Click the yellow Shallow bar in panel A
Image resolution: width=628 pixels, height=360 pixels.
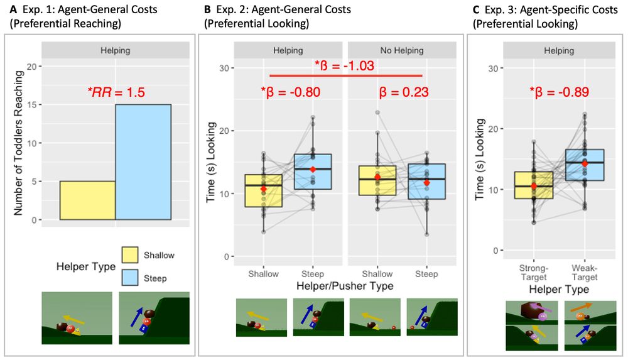coord(87,200)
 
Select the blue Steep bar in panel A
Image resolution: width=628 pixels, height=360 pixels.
coord(143,162)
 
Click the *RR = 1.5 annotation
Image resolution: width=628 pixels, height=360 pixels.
coord(116,92)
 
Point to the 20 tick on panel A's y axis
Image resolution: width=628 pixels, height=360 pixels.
coord(32,67)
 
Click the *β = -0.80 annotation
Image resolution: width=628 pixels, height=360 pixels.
coord(290,92)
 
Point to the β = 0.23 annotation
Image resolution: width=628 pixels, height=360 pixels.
coord(404,92)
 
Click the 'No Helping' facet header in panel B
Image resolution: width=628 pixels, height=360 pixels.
coord(402,50)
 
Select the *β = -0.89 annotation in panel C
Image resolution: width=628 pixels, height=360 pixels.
coord(558,93)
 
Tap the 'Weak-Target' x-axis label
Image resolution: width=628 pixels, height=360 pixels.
coord(585,273)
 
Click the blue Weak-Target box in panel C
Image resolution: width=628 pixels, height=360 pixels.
coord(585,165)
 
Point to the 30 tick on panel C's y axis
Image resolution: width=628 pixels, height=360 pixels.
coord(497,68)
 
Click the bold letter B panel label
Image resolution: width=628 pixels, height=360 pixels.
coord(208,9)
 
